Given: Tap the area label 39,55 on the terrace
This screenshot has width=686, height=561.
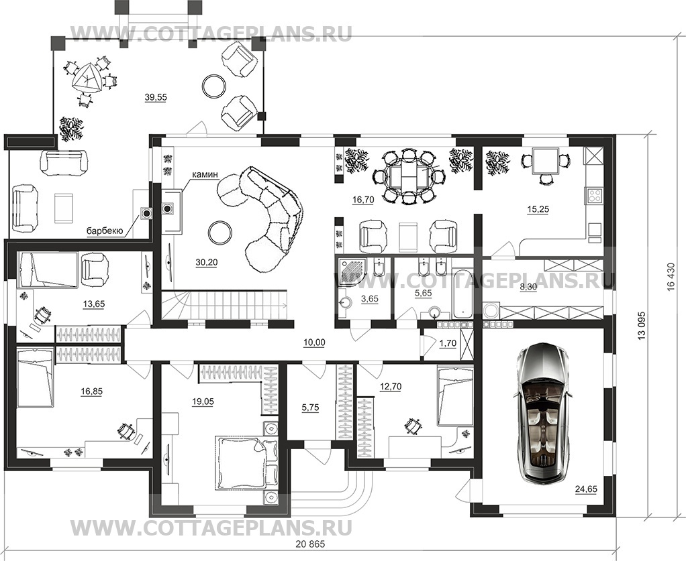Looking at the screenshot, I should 155,97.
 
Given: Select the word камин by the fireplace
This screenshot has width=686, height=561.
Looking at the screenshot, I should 205,175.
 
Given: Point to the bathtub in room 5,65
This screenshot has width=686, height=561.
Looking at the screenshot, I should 462,292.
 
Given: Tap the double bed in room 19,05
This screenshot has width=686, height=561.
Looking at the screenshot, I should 240,463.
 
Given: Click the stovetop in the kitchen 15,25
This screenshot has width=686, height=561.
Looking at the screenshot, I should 594,195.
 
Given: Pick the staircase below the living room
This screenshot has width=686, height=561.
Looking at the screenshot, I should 225,305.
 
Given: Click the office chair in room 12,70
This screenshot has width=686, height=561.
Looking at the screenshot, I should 412,424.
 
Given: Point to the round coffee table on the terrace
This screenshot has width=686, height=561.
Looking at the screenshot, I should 215,85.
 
